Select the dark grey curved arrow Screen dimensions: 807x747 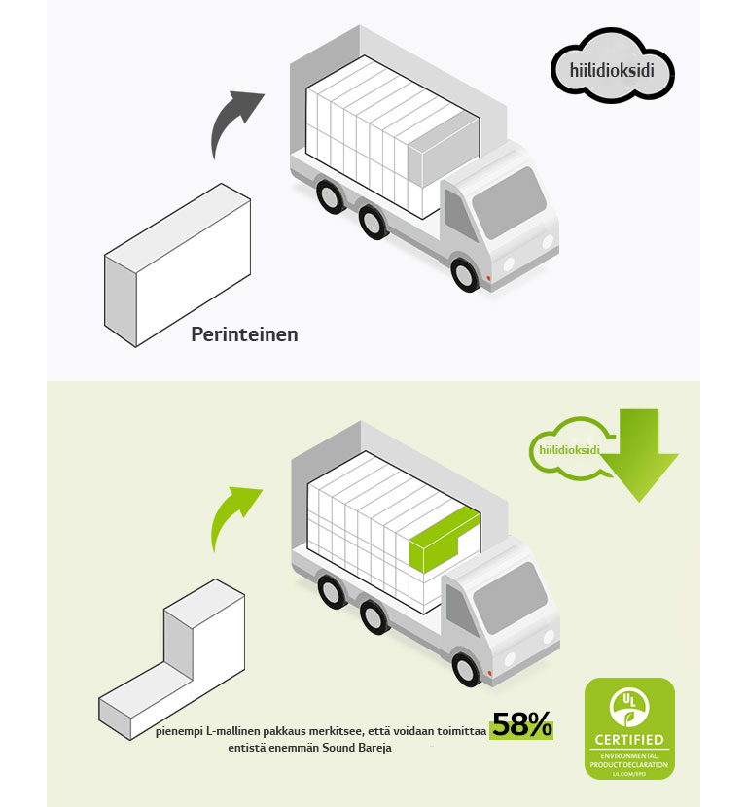(x=234, y=121)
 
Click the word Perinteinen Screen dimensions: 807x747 (x=244, y=334)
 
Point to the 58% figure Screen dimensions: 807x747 (x=521, y=725)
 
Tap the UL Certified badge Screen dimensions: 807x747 (x=628, y=728)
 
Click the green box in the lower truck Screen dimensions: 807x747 (x=442, y=544)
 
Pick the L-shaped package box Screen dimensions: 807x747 (x=175, y=661)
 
